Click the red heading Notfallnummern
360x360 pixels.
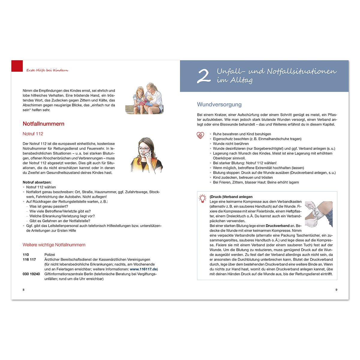pyautogui.click(x=43, y=124)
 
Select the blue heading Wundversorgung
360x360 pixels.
pyautogui.click(x=219, y=104)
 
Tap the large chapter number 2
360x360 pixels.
pyautogui.click(x=204, y=76)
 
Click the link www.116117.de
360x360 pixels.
pyautogui.click(x=143, y=269)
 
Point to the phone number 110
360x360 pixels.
pyautogui.click(x=26, y=255)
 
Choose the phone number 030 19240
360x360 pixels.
pyautogui.click(x=31, y=274)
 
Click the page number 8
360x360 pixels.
pyautogui.click(x=24, y=290)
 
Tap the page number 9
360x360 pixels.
pyautogui.click(x=336, y=290)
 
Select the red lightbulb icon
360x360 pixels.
pyautogui.click(x=203, y=198)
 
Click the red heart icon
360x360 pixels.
pyautogui.click(x=200, y=135)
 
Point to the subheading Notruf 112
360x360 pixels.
pyautogui.click(x=33, y=134)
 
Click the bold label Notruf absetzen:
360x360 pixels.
pyautogui.click(x=37, y=182)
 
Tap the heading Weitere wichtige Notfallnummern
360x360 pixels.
pyautogui.click(x=54, y=245)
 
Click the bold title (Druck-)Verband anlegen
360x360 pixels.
pyautogui.click(x=231, y=197)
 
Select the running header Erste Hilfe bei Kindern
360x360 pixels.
pyautogui.click(x=47, y=70)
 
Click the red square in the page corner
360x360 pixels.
pyautogui.click(x=17, y=66)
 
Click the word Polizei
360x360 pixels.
pyautogui.click(x=50, y=255)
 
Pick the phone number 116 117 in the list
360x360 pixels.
pyautogui.click(x=29, y=259)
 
